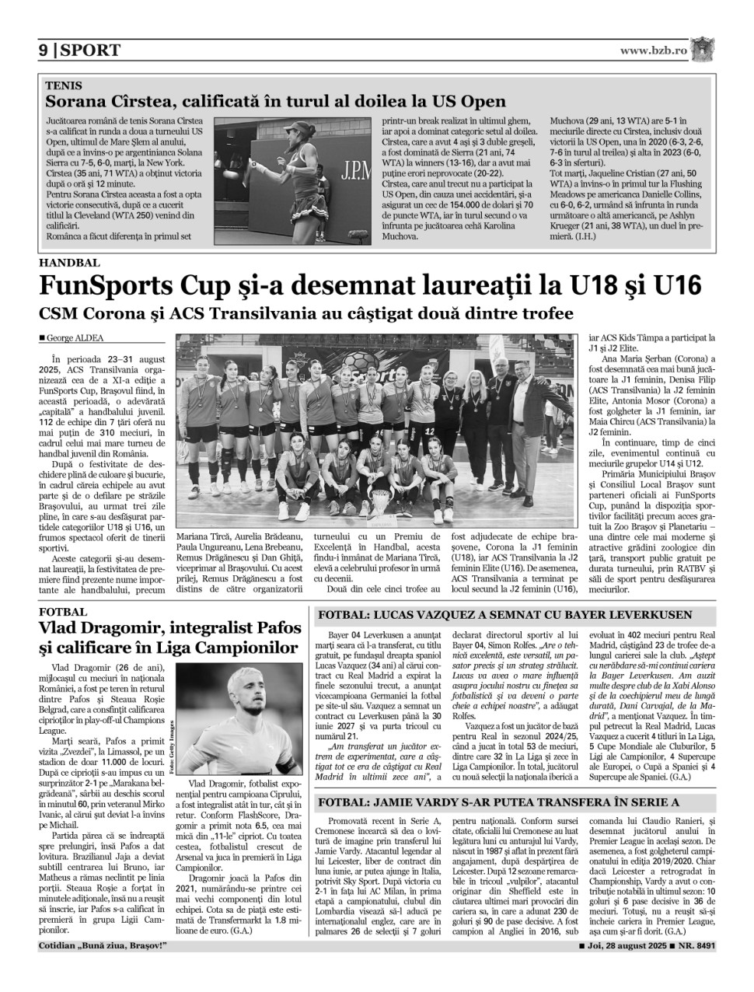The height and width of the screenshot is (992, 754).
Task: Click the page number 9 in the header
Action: [x=44, y=51]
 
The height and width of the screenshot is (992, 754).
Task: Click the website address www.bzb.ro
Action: [x=654, y=51]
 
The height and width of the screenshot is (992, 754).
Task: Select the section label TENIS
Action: [x=64, y=86]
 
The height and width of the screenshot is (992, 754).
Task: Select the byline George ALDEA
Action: [x=75, y=338]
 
